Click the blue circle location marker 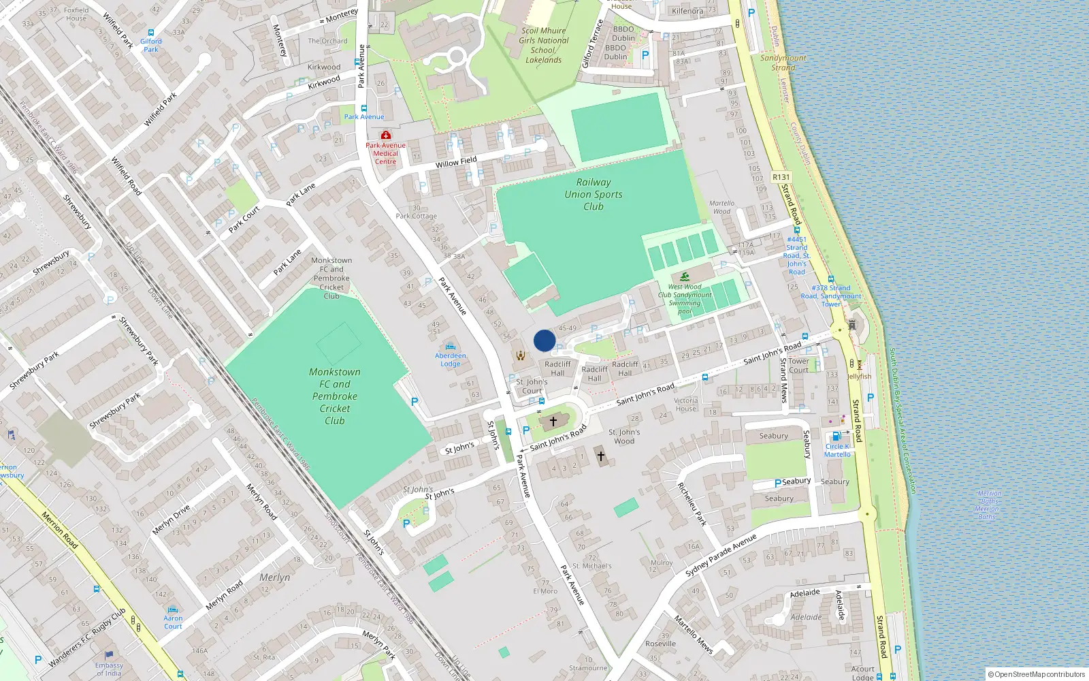(x=544, y=340)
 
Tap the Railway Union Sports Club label (x=594, y=194)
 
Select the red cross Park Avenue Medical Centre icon (x=386, y=135)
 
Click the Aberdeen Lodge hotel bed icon (x=450, y=347)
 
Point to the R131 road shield (x=781, y=177)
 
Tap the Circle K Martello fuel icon (x=836, y=437)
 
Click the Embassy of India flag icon (x=109, y=656)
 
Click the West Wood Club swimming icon (x=685, y=276)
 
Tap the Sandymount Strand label (x=783, y=63)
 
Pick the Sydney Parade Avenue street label (x=721, y=555)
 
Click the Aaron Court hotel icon (x=173, y=609)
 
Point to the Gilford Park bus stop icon (x=151, y=32)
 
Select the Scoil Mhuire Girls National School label (x=543, y=45)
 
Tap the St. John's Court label (x=532, y=386)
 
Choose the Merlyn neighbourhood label (x=275, y=577)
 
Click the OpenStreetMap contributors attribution (x=1037, y=674)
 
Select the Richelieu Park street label (x=692, y=504)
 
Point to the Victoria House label (x=686, y=405)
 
